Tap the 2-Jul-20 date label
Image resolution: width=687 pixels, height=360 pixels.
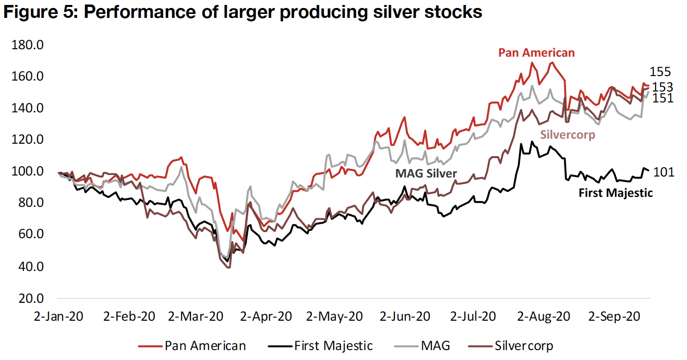click(x=473, y=316)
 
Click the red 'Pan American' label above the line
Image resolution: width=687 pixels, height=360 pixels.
click(x=536, y=53)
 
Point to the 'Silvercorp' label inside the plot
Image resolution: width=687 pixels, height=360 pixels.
click(x=567, y=135)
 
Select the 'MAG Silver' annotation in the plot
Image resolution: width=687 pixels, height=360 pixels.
click(x=426, y=174)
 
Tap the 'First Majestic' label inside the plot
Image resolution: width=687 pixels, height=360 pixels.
click(x=615, y=193)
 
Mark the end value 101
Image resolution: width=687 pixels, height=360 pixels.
click(x=664, y=172)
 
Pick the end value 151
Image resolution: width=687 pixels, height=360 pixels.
click(x=663, y=98)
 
